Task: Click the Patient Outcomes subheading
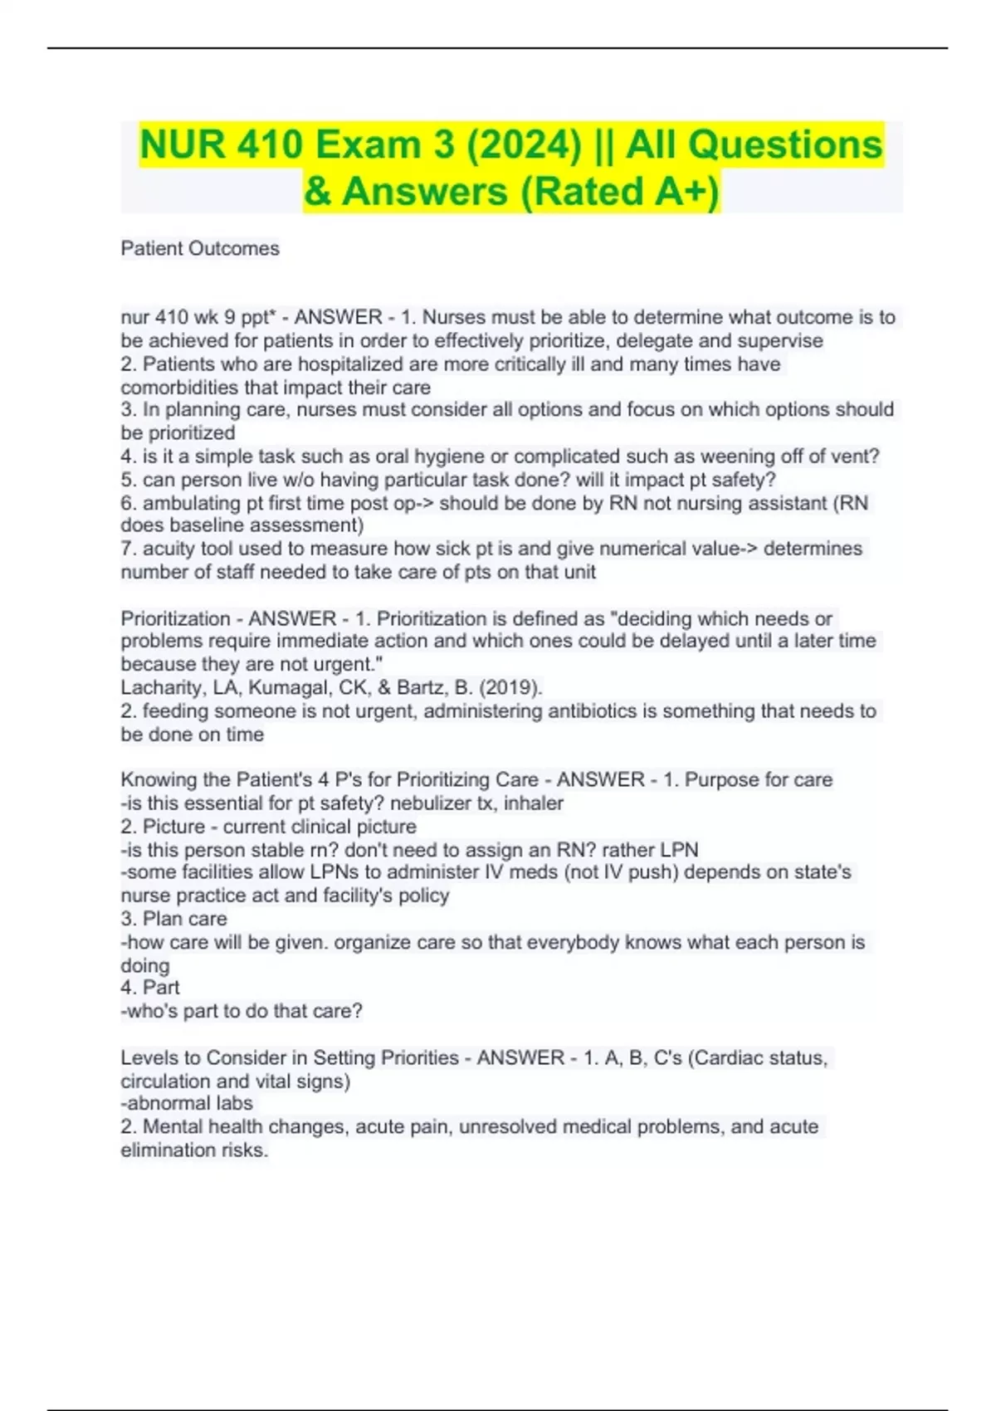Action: click(200, 248)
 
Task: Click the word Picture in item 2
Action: click(173, 827)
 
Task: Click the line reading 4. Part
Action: click(150, 988)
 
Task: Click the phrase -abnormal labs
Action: click(187, 1104)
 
